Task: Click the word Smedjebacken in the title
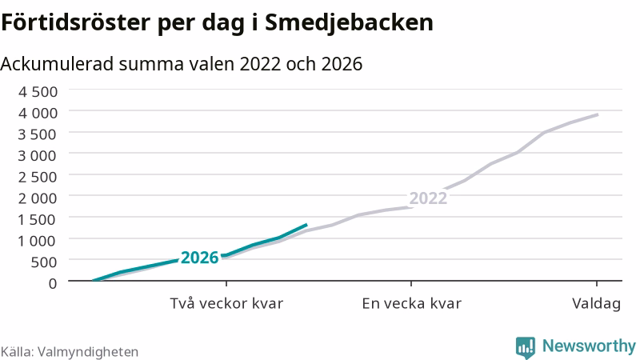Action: point(349,23)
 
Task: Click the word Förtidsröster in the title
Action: point(75,22)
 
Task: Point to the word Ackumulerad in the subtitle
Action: point(57,64)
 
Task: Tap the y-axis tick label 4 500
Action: point(38,91)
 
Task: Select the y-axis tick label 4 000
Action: point(38,113)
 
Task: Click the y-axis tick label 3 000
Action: point(38,155)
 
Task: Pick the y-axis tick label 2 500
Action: point(38,177)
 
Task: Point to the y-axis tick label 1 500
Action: point(38,219)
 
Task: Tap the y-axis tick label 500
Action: point(44,262)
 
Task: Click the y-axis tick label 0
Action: point(53,283)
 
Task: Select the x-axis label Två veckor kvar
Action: point(226,303)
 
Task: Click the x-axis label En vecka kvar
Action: point(411,303)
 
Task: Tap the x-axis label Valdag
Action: point(596,304)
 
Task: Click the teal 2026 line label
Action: point(199,258)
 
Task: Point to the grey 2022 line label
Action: point(428,198)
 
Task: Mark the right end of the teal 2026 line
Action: point(306,224)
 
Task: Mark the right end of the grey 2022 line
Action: point(598,114)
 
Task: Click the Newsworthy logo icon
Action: point(526,347)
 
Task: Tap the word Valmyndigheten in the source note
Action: point(88,352)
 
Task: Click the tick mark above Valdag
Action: point(597,284)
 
